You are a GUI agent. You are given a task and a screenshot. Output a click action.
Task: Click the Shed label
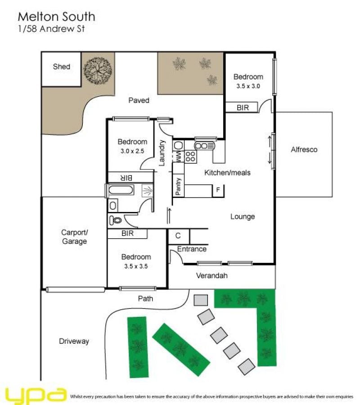tap(62, 67)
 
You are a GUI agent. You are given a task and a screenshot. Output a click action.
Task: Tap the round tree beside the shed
tap(98, 71)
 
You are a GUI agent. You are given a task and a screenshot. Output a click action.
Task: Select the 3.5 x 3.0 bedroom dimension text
tap(248, 86)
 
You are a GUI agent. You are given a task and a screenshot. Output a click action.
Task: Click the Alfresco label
tap(304, 149)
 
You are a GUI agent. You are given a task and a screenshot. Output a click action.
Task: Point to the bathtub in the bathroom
tap(121, 190)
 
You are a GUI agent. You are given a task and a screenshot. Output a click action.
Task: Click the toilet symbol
tap(116, 220)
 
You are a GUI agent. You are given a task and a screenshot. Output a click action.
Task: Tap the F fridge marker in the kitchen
tap(218, 190)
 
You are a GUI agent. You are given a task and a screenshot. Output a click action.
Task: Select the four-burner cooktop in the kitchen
tap(190, 157)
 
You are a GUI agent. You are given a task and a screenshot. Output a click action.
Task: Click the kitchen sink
tap(204, 146)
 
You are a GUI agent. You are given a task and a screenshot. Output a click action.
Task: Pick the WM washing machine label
tap(179, 157)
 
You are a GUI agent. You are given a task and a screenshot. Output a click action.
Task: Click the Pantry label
tap(178, 186)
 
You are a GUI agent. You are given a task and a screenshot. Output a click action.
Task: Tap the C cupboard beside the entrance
tap(178, 236)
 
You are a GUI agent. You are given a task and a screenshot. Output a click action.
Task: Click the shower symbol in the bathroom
tap(148, 191)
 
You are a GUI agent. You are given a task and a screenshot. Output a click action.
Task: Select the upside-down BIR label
tap(126, 178)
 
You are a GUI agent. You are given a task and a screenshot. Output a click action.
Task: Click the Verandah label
tap(212, 275)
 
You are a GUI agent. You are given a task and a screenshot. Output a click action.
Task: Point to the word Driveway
tap(74, 341)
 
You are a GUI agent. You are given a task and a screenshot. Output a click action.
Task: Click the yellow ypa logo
tap(36, 395)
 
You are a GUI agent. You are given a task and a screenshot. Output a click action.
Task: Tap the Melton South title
tap(57, 17)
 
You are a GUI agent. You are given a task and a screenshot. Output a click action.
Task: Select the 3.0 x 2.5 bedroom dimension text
tap(132, 151)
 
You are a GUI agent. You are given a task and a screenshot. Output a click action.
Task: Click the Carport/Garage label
tap(74, 237)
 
